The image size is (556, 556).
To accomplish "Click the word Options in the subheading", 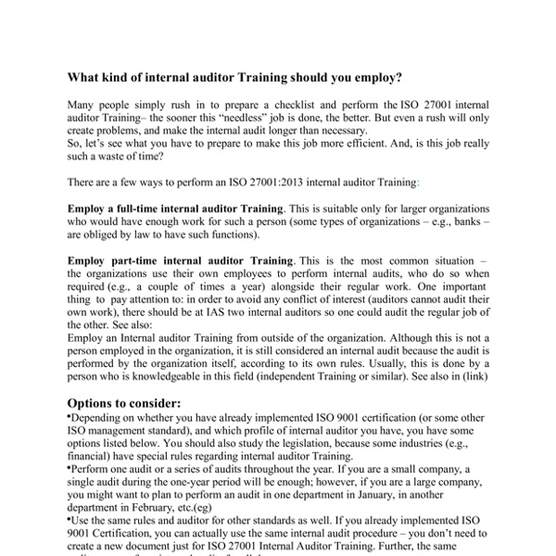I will (x=95, y=404).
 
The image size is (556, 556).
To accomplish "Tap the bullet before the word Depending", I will (x=70, y=419).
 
